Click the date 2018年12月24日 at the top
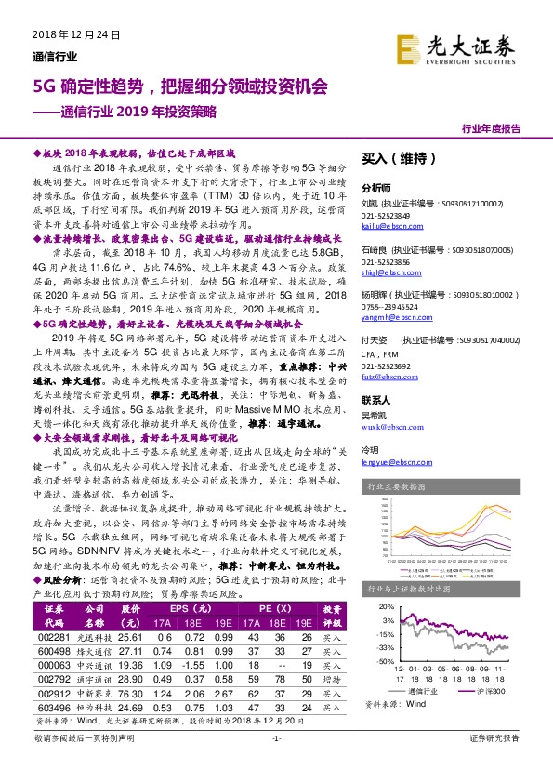[71, 34]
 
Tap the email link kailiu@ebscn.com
[387, 226]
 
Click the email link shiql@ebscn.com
[385, 273]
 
